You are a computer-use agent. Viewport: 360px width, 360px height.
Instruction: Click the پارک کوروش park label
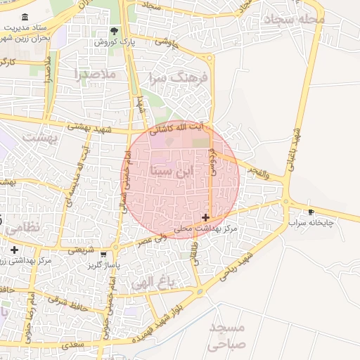pos(115,43)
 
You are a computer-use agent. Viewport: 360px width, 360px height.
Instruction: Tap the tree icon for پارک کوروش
pos(115,31)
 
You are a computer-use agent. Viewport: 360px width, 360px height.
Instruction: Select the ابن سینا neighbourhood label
pos(171,170)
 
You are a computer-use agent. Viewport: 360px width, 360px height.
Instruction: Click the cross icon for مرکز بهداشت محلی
pos(205,218)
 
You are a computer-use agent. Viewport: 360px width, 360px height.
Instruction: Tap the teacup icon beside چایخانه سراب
pos(311,212)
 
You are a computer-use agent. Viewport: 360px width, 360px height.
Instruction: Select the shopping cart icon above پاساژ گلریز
pos(103,254)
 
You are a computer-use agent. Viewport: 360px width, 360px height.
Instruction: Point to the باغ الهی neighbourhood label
pos(153,283)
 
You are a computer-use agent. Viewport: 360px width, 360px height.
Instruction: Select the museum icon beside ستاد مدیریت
pos(25,17)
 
